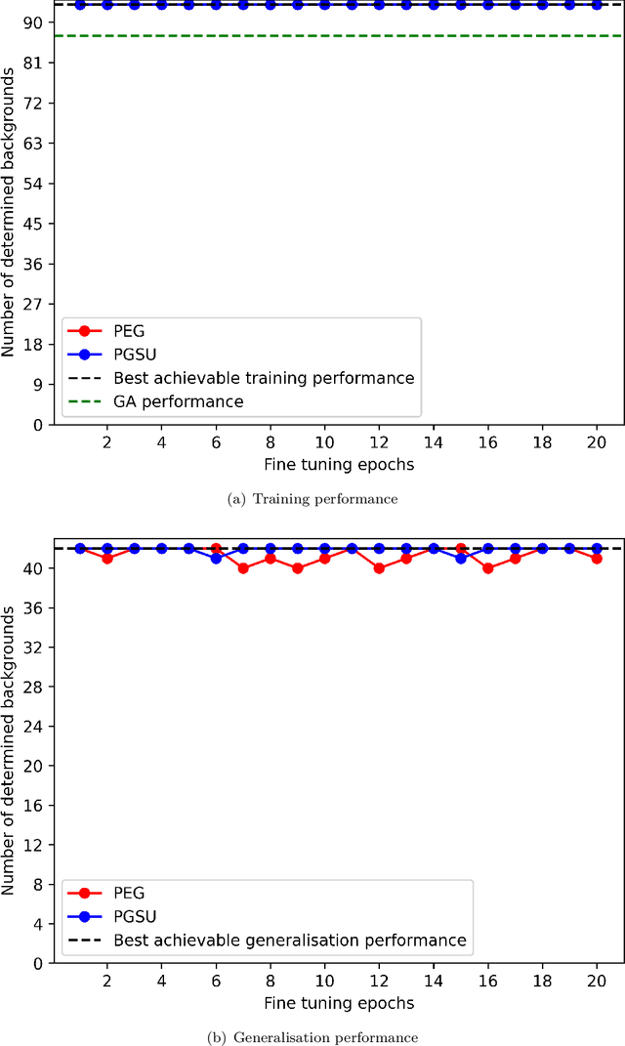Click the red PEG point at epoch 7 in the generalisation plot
[x=243, y=567]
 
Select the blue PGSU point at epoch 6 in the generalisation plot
[x=216, y=558]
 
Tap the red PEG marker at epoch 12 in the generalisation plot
[x=379, y=567]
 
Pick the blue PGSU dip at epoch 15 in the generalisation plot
[x=461, y=558]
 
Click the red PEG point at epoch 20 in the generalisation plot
[x=597, y=558]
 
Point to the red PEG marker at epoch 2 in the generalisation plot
[x=107, y=558]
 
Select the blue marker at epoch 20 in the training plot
[x=597, y=5]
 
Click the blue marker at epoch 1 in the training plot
[x=80, y=5]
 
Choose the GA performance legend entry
[x=178, y=401]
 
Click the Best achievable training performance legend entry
[x=264, y=378]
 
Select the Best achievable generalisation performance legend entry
[x=290, y=940]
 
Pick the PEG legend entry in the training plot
[x=128, y=331]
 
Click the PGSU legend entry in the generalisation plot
[x=135, y=916]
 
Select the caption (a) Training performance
[x=312, y=499]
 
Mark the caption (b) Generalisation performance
[x=312, y=1036]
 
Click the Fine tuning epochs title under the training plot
[x=337, y=465]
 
